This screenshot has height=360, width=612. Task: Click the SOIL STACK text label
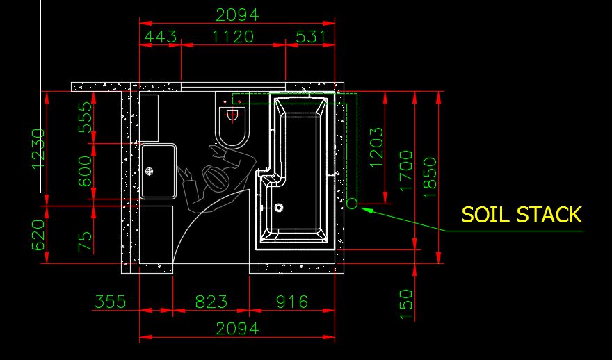pos(522,215)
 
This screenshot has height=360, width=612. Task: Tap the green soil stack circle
pos(352,203)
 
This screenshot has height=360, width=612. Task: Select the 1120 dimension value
pos(232,37)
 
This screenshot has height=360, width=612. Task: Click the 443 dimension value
pos(161,37)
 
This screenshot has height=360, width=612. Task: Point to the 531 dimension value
pos(311,37)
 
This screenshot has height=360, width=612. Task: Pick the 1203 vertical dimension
pos(376,147)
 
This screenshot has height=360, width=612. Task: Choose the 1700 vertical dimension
pos(406,170)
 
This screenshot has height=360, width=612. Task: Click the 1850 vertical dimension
pos(430,177)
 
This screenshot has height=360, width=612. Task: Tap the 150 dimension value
pos(406,304)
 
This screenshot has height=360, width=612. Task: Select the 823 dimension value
pos(211,302)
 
